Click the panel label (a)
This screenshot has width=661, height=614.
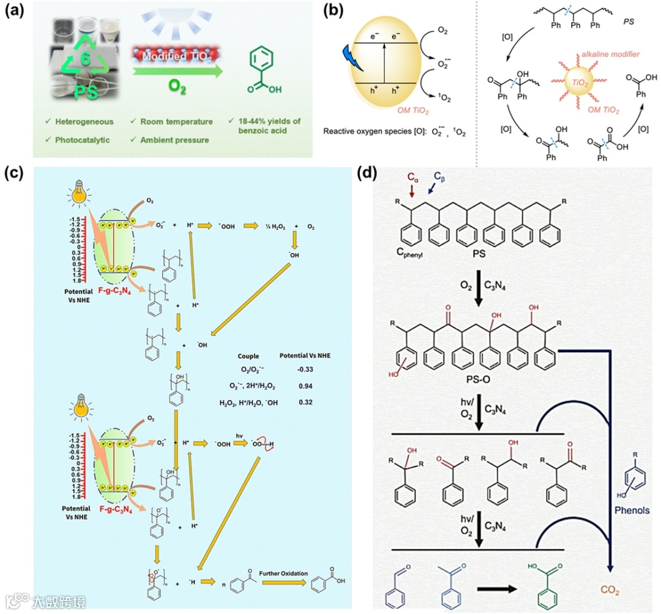(17, 13)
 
